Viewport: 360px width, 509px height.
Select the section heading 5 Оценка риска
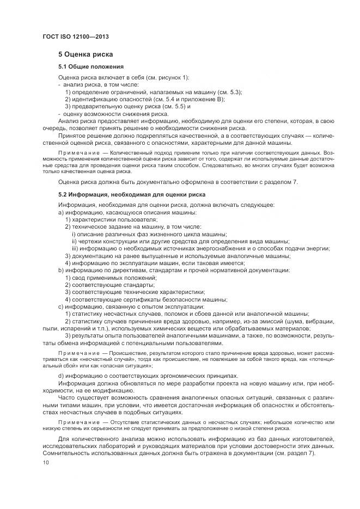point(86,55)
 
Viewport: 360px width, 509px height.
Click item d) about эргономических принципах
point(148,376)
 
